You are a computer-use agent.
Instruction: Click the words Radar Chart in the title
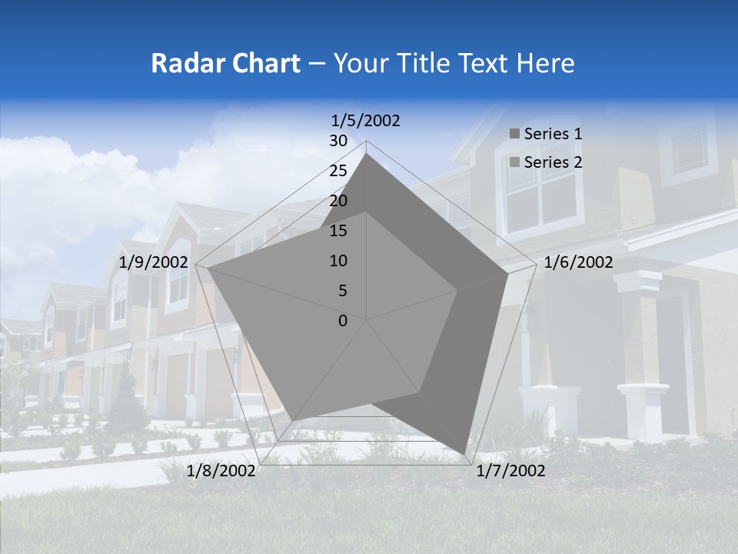click(225, 63)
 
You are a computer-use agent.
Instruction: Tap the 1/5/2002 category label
click(366, 120)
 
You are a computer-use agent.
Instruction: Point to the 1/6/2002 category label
click(578, 263)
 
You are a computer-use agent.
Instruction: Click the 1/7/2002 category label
click(510, 471)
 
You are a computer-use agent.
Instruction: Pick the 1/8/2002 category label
click(221, 471)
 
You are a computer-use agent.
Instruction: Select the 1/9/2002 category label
click(154, 263)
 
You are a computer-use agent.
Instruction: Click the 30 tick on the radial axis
click(338, 141)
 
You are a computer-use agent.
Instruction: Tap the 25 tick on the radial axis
click(338, 171)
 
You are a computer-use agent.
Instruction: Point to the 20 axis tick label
click(338, 201)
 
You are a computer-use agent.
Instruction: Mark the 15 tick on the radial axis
click(338, 231)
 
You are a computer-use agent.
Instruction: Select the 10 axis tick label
click(338, 261)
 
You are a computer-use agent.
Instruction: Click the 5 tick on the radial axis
click(342, 291)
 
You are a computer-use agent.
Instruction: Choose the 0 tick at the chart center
click(343, 321)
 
